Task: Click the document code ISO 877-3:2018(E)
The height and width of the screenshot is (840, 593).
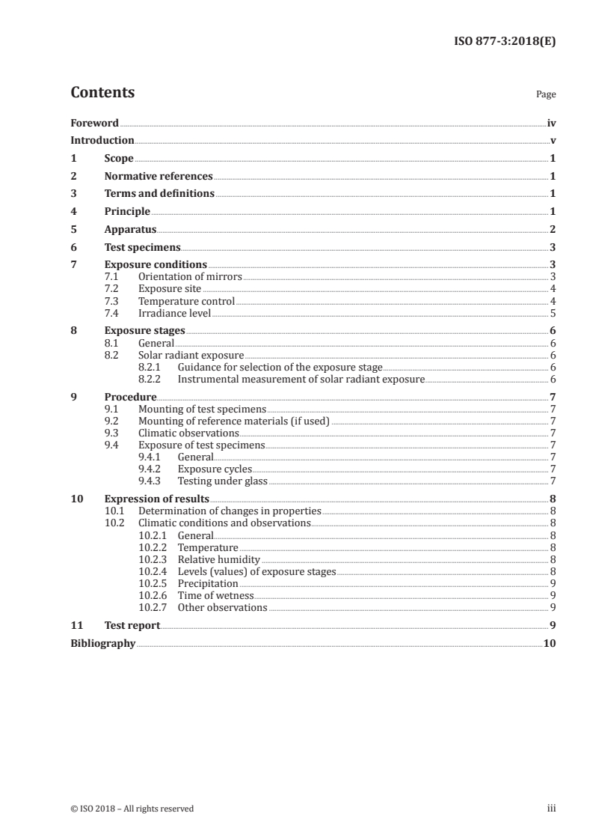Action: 506,42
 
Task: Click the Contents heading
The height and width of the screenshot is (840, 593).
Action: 102,93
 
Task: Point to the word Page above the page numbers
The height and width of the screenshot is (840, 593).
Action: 546,95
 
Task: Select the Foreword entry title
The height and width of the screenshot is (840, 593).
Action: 94,123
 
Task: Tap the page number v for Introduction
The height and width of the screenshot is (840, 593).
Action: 553,141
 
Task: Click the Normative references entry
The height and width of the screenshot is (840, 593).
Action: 159,177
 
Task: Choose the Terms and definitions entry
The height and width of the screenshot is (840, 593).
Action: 159,194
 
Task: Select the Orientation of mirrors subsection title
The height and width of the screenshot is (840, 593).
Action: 190,276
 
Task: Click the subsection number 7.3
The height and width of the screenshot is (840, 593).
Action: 111,302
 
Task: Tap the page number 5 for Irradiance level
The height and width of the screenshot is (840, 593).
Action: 553,314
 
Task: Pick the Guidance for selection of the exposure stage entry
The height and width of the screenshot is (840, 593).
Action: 280,368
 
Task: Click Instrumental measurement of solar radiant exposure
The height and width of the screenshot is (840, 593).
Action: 301,380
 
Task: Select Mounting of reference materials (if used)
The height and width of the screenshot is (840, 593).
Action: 234,421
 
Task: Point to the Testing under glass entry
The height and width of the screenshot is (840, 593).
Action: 222,481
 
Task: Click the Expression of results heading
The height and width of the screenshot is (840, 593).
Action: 156,499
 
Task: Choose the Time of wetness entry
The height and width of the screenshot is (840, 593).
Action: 215,595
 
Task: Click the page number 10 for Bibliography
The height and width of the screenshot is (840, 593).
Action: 550,643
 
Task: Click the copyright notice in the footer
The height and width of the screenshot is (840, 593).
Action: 132,808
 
